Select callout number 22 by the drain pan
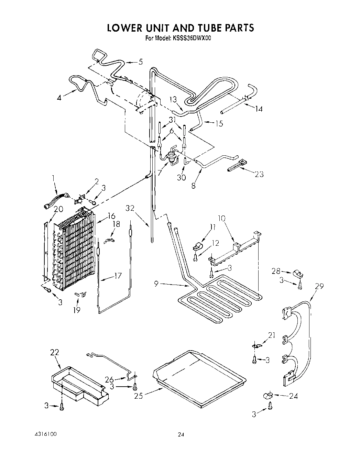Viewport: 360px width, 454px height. click(54, 352)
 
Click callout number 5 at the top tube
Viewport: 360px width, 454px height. click(140, 62)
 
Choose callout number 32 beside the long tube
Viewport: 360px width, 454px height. click(130, 208)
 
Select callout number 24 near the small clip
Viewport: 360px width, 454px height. click(293, 396)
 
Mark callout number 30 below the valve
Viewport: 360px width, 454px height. click(181, 177)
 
